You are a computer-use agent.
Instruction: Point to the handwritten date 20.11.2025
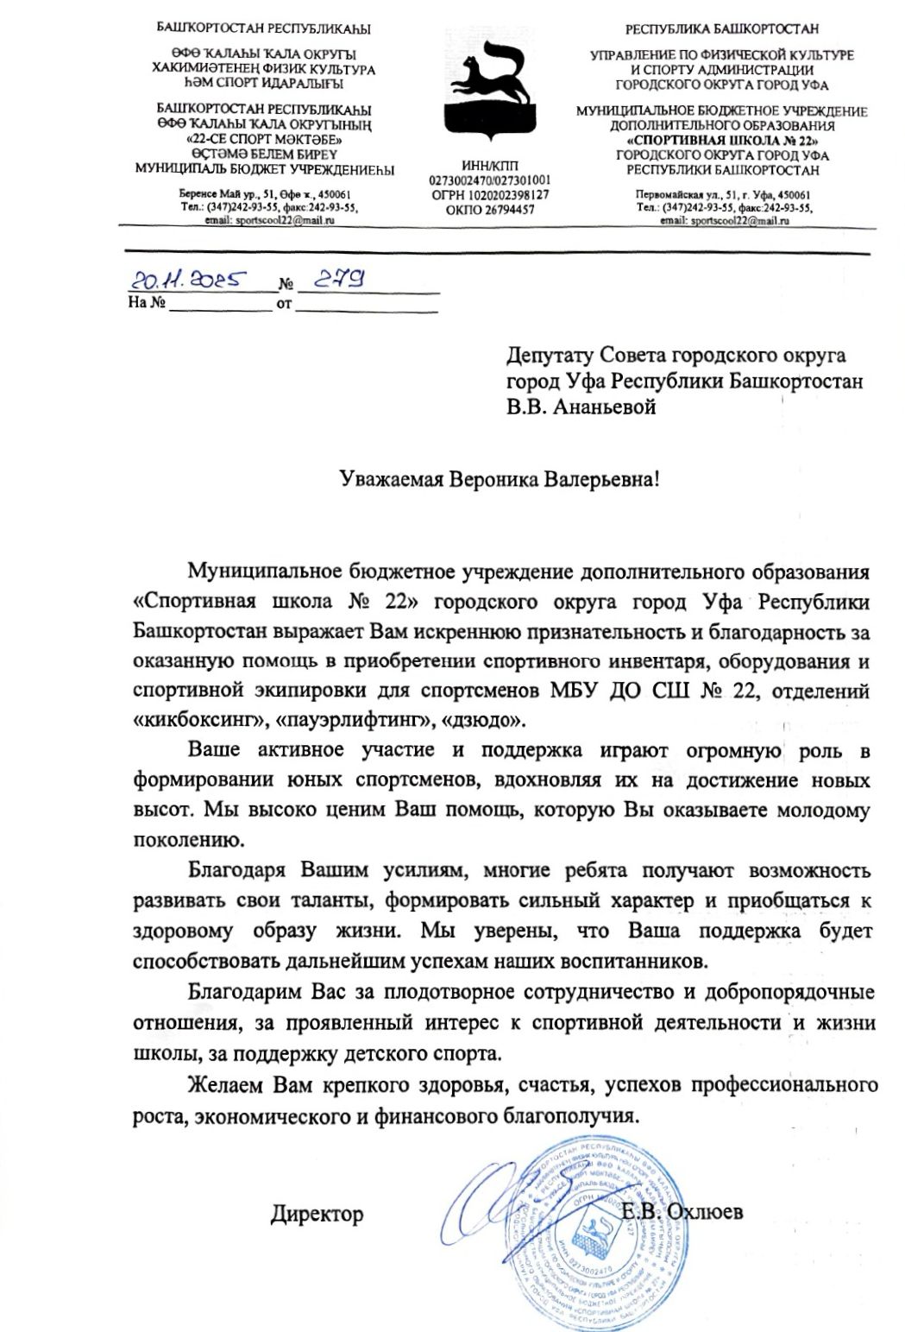point(189,280)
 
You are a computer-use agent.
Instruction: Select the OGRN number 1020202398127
point(490,195)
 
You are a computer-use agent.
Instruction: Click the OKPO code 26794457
point(490,209)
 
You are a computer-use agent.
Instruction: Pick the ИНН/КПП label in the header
point(488,166)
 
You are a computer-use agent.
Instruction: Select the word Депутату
point(550,355)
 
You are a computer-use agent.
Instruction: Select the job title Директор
point(317,1213)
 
